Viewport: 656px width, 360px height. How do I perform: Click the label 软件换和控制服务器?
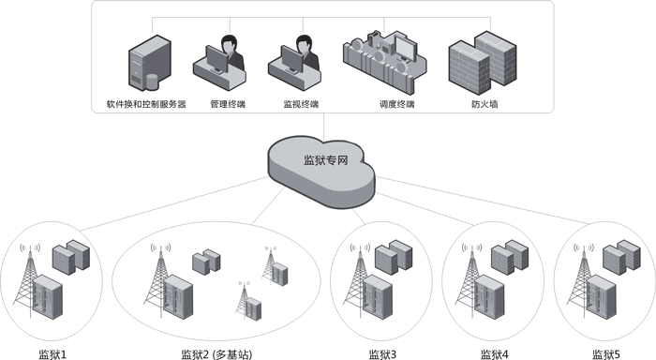(145, 103)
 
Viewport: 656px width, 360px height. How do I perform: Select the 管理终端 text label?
(228, 103)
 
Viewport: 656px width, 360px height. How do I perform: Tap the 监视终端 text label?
(301, 103)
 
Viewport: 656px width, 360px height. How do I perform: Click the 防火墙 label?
(485, 103)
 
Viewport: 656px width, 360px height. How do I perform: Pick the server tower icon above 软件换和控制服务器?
(145, 60)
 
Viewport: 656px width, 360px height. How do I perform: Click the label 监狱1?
(52, 353)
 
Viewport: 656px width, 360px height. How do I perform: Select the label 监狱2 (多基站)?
(216, 353)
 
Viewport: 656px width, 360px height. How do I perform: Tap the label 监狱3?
(382, 353)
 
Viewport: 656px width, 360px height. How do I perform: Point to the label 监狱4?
(494, 353)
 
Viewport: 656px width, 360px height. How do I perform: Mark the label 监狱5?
(606, 353)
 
